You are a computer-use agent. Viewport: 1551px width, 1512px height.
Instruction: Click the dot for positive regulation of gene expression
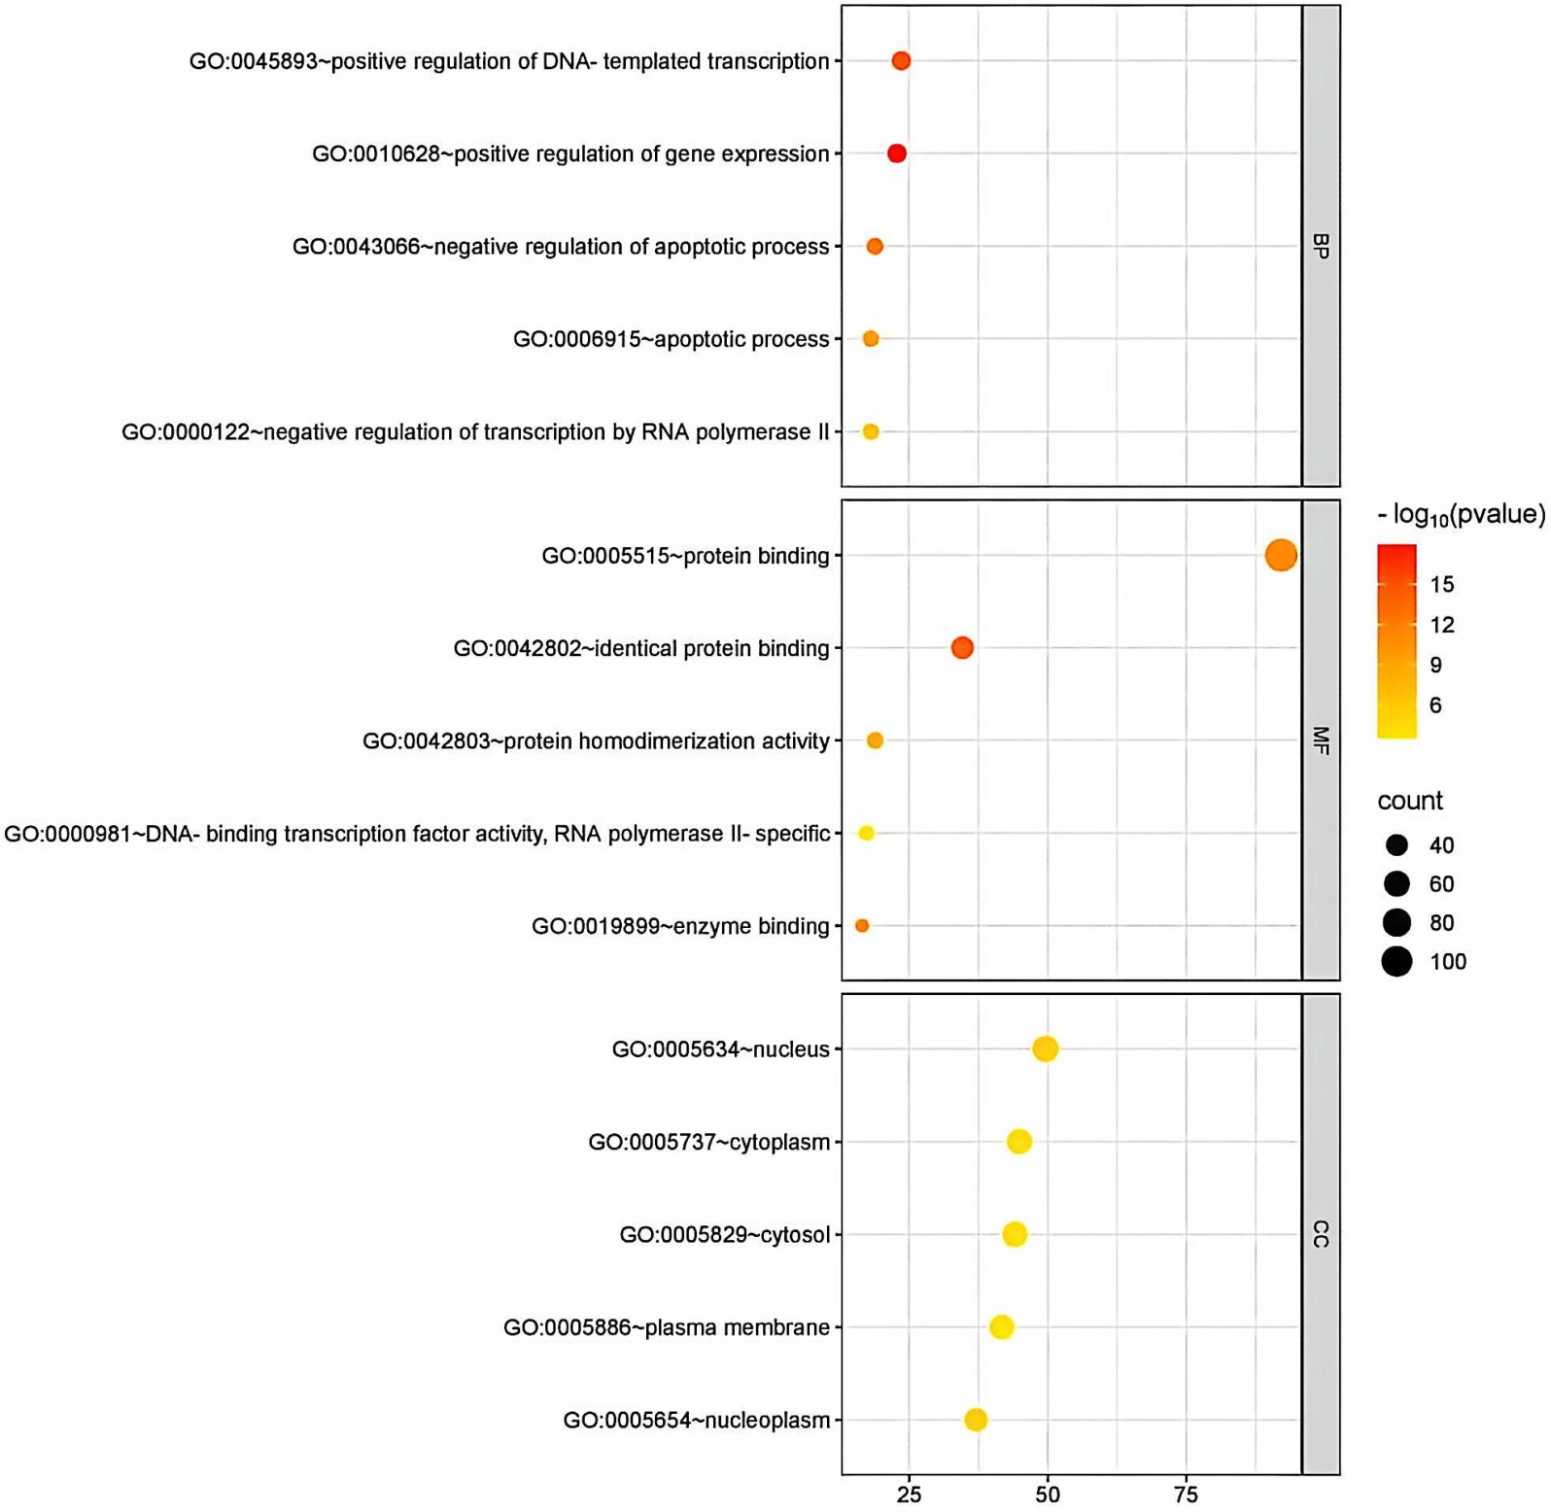[897, 154]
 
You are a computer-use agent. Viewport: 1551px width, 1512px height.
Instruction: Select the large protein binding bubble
[1281, 556]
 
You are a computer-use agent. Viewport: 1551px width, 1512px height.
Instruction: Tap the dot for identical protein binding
[962, 647]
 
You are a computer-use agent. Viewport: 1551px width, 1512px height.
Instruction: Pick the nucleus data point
[1045, 1049]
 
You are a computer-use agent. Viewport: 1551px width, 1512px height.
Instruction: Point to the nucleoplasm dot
[976, 1420]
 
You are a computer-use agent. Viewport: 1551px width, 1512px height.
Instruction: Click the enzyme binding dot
[862, 926]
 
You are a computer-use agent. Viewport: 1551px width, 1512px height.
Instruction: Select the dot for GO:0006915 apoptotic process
[871, 339]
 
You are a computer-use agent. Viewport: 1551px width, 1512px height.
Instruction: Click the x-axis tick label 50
[1048, 1495]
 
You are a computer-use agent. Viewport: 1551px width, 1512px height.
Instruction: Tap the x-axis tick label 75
[1186, 1495]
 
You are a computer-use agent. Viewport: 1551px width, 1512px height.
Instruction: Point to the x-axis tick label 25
[909, 1495]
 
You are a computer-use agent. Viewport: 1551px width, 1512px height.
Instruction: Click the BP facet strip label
[1321, 246]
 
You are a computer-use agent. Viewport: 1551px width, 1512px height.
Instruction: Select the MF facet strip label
[1321, 740]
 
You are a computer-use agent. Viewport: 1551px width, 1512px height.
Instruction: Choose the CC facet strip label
[1321, 1234]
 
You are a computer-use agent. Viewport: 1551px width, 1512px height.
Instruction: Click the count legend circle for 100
[1396, 962]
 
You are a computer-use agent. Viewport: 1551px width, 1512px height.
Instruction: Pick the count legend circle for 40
[1396, 845]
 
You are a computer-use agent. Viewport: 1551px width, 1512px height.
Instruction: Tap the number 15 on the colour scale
[1442, 585]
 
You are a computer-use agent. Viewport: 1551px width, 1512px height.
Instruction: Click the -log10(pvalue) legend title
[1461, 515]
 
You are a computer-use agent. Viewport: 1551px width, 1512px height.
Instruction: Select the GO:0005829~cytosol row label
[725, 1235]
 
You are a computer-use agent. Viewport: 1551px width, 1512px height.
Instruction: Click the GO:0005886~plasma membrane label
[667, 1327]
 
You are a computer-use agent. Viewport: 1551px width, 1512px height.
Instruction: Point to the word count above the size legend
[1410, 801]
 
